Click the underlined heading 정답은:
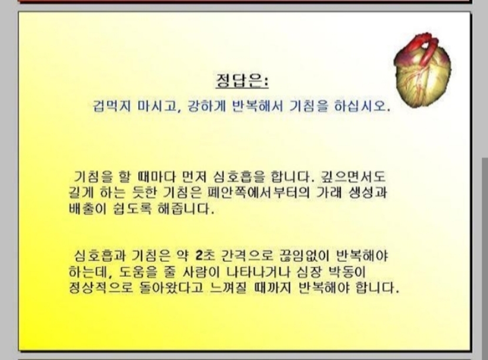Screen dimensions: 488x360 pyautogui.click(x=242, y=81)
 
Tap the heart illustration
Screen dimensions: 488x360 pyautogui.click(x=422, y=71)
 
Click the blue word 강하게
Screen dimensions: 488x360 pyautogui.click(x=206, y=106)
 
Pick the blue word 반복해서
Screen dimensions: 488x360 pyautogui.click(x=258, y=106)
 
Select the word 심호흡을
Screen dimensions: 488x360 pyautogui.click(x=239, y=176)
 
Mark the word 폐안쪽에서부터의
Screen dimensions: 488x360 pyautogui.click(x=258, y=192)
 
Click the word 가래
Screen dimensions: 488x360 pyautogui.click(x=329, y=192)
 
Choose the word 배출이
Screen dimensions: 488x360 pyautogui.click(x=88, y=208)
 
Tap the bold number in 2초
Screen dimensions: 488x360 pyautogui.click(x=199, y=256)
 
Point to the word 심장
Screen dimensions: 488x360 pyautogui.click(x=309, y=272)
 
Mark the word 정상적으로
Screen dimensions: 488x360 pyautogui.click(x=101, y=288)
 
